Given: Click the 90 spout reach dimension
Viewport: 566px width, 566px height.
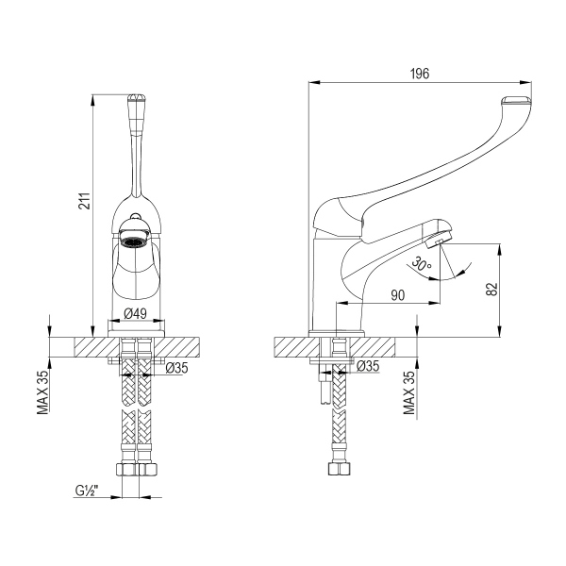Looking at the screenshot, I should click(x=397, y=295).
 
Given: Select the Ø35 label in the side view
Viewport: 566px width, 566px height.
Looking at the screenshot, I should click(x=368, y=366).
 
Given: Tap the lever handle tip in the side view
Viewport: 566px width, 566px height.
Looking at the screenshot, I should click(x=518, y=103).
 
